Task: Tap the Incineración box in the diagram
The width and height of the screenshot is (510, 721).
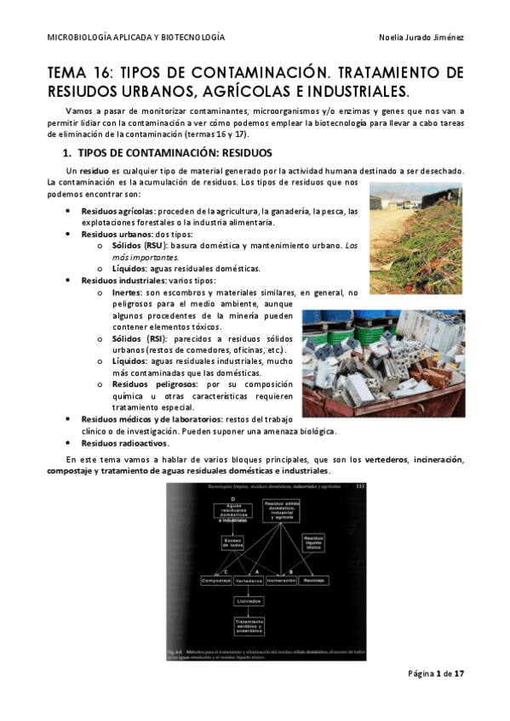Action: pyautogui.click(x=281, y=581)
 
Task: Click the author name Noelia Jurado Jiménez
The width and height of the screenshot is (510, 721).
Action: pyautogui.click(x=421, y=38)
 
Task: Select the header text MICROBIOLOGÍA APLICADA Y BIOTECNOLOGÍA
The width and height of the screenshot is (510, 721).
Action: pyautogui.click(x=135, y=38)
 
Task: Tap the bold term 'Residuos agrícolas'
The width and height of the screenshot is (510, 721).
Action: pyautogui.click(x=117, y=211)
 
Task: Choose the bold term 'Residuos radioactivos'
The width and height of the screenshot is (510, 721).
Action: pyautogui.click(x=124, y=443)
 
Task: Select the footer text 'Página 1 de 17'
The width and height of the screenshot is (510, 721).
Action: pyautogui.click(x=435, y=674)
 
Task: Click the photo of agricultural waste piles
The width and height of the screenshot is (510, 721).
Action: pyautogui.click(x=416, y=238)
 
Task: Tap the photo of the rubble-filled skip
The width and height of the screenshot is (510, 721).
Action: pyautogui.click(x=384, y=363)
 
